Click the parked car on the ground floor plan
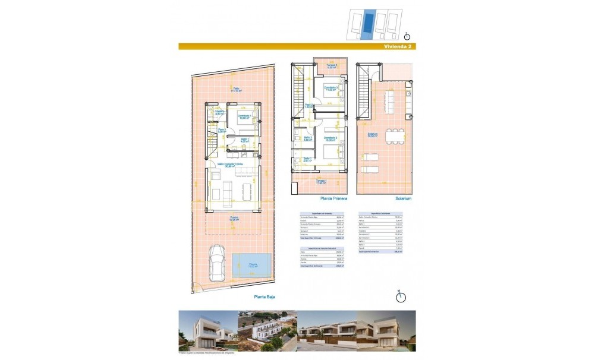pyautogui.click(x=216, y=264)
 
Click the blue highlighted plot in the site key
pyautogui.click(x=369, y=24)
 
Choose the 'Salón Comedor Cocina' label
pyautogui.click(x=229, y=164)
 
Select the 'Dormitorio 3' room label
pyautogui.click(x=331, y=89)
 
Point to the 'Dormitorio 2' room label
pyautogui.click(x=330, y=138)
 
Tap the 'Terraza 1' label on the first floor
pyautogui.click(x=321, y=181)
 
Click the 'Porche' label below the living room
pyautogui.click(x=235, y=218)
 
